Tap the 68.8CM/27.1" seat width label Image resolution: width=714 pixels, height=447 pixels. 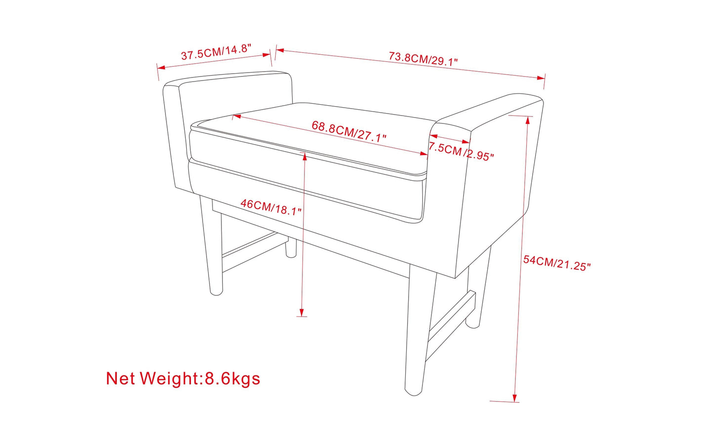[349, 131]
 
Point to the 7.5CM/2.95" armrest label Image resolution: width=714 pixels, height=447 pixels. [461, 152]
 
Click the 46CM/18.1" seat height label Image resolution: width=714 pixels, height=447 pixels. [271, 207]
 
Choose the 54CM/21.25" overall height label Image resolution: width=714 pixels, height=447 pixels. [557, 263]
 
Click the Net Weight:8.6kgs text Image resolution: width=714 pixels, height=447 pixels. [183, 378]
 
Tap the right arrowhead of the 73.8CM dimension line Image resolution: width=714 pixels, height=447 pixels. [541, 78]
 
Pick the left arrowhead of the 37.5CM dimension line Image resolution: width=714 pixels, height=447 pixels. [161, 68]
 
